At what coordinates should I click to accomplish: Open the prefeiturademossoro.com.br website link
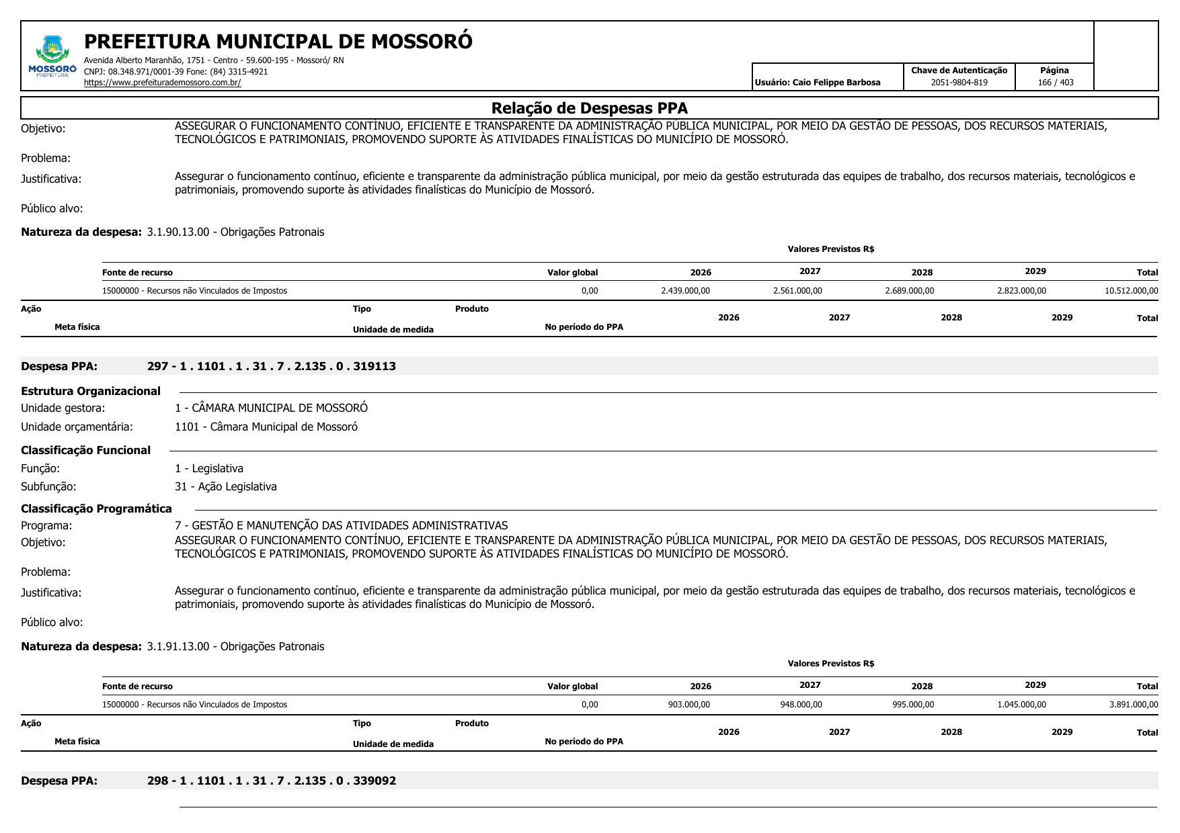(x=162, y=83)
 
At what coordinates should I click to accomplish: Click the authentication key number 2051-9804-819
(x=959, y=83)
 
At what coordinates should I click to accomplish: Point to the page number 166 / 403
(x=1055, y=83)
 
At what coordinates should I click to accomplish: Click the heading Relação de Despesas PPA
(x=589, y=108)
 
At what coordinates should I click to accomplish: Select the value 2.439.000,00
(x=685, y=291)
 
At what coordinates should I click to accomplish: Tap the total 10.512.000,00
(x=1131, y=291)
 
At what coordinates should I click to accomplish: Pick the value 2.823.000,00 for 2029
(x=1021, y=291)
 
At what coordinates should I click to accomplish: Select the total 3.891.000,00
(x=1133, y=705)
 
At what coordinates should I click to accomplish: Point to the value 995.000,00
(x=912, y=705)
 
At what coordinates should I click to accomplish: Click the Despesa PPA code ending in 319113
(x=271, y=366)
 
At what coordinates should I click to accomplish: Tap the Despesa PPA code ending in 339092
(x=271, y=781)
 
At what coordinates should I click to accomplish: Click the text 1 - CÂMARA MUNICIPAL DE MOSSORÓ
(x=271, y=408)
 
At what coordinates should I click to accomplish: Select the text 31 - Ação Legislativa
(x=225, y=486)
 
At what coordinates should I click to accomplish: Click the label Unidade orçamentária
(x=77, y=427)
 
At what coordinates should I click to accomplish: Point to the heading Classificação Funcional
(x=85, y=450)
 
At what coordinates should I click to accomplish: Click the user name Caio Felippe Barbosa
(x=836, y=83)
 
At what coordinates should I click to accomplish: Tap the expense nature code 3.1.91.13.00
(x=178, y=646)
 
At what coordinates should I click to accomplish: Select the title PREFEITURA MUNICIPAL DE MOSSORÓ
(x=278, y=42)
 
